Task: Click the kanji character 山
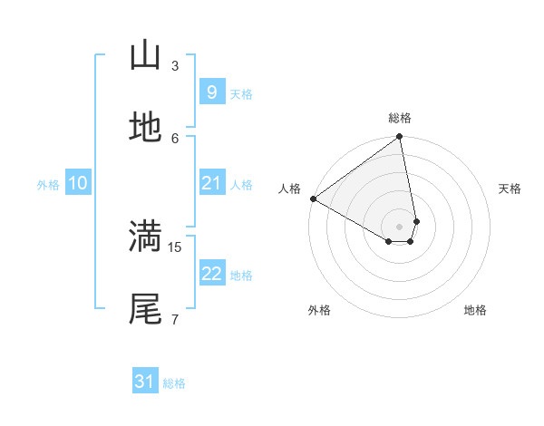(145, 56)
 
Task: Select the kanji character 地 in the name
(145, 129)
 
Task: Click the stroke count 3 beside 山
(175, 65)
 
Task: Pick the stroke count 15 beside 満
(176, 246)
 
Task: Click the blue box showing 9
(211, 92)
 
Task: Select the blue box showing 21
(211, 183)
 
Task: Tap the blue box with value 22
(211, 274)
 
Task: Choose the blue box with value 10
(78, 183)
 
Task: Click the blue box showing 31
(145, 382)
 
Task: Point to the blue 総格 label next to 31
(174, 383)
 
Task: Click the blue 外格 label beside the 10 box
(48, 184)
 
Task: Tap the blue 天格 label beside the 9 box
(241, 93)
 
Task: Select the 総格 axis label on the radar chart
(400, 118)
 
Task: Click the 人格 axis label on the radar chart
(289, 189)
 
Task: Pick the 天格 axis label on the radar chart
(510, 189)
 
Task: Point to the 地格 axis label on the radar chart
(475, 310)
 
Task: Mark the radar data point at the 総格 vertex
(400, 138)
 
